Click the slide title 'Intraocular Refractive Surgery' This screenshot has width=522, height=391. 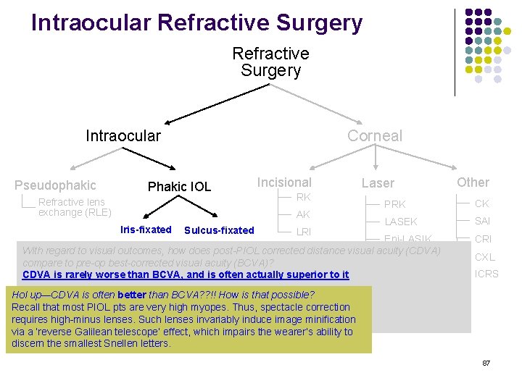tap(196, 23)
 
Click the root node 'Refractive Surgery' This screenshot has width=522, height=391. tap(270, 62)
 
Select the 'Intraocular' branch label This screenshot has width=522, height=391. tap(123, 136)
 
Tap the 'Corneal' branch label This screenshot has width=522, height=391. tap(374, 136)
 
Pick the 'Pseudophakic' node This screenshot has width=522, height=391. tap(55, 185)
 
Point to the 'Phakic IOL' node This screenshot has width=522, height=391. tap(179, 187)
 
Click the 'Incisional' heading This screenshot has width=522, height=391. tap(284, 182)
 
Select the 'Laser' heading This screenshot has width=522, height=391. tap(378, 184)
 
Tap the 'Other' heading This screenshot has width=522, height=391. tap(473, 182)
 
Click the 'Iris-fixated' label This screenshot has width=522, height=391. tap(146, 230)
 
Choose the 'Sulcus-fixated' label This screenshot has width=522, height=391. tap(219, 231)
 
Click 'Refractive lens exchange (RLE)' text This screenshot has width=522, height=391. tap(74, 207)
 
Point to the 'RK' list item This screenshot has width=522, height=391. tap(303, 197)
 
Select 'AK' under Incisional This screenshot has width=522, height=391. tap(303, 214)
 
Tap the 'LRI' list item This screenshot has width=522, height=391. tap(304, 232)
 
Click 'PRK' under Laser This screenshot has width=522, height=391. tap(394, 204)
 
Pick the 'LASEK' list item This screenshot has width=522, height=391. tap(400, 222)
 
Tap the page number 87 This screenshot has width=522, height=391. tap(486, 362)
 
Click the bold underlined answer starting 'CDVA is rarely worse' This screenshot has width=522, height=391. tap(186, 274)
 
